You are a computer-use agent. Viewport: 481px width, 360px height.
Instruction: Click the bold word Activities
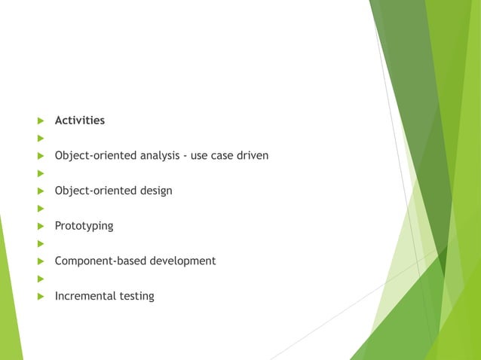click(x=79, y=121)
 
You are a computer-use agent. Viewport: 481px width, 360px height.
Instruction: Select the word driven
click(x=251, y=156)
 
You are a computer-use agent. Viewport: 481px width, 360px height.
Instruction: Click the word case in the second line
click(x=221, y=156)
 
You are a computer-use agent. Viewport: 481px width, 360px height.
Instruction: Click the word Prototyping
click(x=84, y=226)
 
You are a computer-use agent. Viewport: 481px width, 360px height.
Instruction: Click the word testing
click(x=136, y=296)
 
